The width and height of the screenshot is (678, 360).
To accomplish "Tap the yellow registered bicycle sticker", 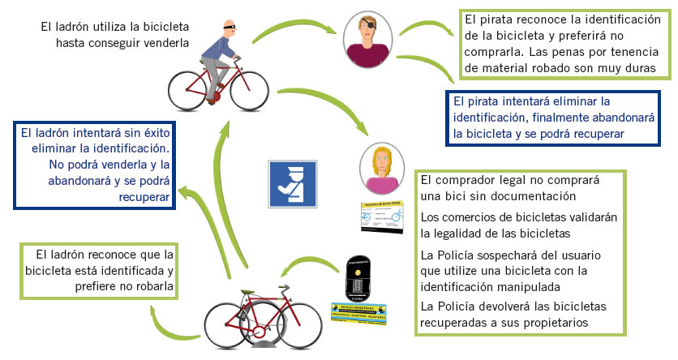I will (x=357, y=314).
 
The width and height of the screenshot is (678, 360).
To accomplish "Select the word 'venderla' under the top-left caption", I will (x=163, y=43).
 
